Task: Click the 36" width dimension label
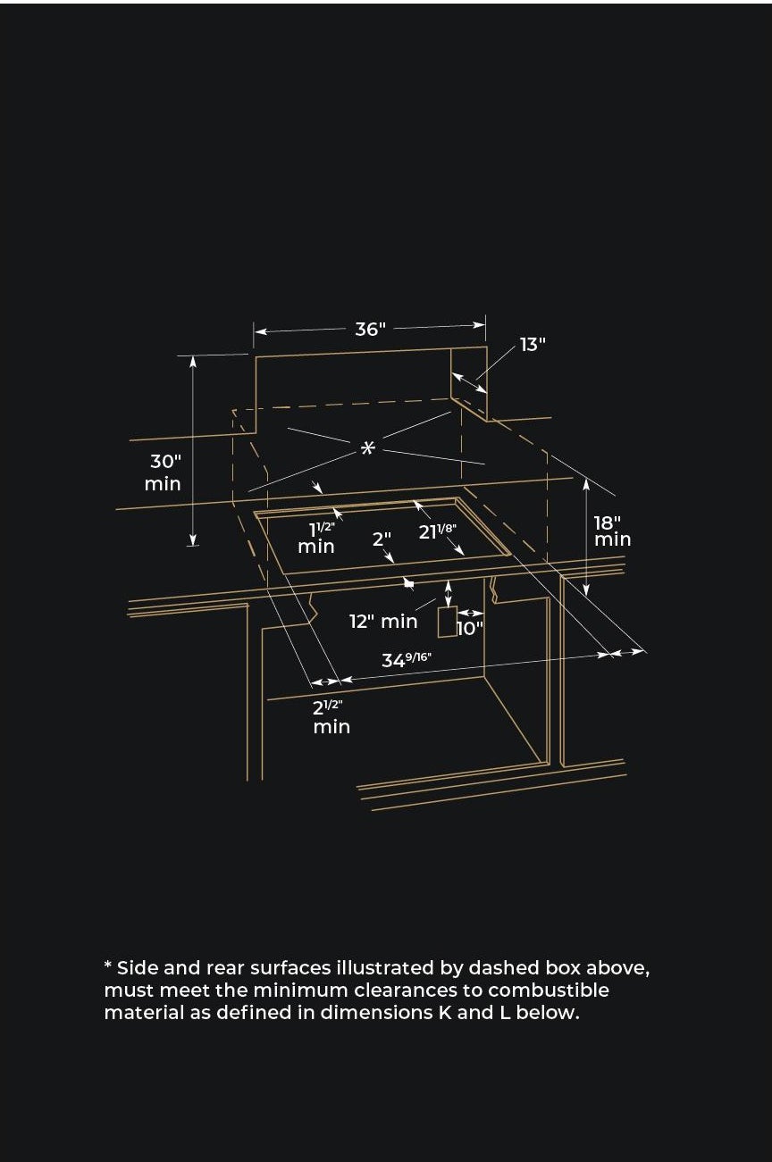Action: pos(370,330)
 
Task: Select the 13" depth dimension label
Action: pos(533,345)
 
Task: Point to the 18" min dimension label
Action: pos(612,531)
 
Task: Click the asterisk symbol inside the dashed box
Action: pos(367,447)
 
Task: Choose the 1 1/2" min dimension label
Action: pos(316,537)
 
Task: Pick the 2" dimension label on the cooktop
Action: pos(382,539)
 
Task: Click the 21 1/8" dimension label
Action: pos(438,531)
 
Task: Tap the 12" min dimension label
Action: pos(383,622)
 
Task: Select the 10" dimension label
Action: pos(469,628)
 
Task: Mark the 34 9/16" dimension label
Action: pos(407,660)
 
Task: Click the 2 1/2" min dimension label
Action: pos(331,717)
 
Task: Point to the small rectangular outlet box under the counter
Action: pos(448,622)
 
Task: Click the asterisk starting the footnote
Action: pos(108,966)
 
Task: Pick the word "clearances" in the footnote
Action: pos(408,991)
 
